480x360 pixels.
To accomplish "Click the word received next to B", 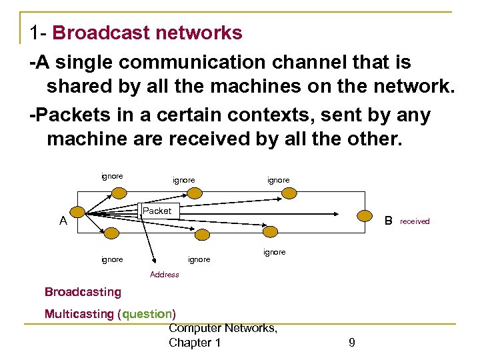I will pos(415,221).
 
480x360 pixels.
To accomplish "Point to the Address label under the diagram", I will pos(165,275).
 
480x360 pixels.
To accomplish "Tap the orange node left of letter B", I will pos(365,215).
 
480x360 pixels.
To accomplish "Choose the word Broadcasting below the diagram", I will pos(83,292).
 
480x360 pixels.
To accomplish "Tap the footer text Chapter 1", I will pos(194,343).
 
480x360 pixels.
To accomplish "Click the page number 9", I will pos(351,343).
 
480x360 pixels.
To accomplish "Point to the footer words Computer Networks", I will pos(223,328).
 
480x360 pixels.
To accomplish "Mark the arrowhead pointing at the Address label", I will pos(154,264).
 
